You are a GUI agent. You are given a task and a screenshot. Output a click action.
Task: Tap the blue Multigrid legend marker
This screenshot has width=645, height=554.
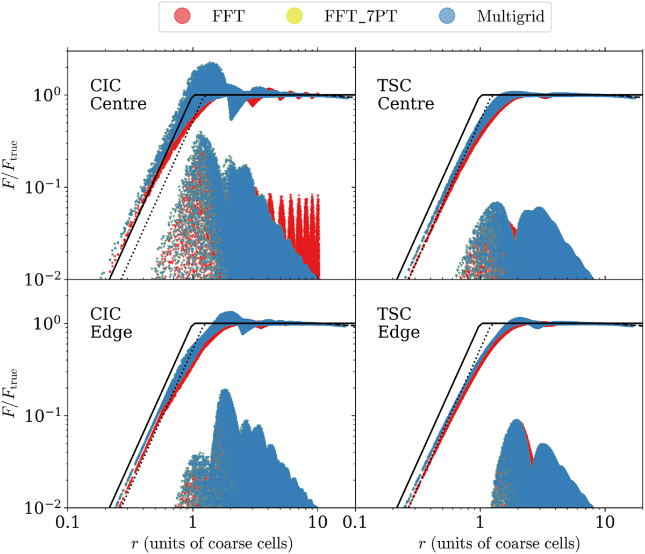click(450, 16)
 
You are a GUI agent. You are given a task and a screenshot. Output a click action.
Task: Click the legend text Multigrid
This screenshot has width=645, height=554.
click(511, 16)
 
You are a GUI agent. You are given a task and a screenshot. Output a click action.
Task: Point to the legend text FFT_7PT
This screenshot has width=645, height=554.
click(353, 16)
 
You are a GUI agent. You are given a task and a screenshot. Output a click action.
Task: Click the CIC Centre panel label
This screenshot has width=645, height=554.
click(118, 94)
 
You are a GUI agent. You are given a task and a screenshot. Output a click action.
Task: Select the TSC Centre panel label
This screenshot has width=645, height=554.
click(406, 94)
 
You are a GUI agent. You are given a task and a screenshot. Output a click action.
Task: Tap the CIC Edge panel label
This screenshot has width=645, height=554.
click(111, 323)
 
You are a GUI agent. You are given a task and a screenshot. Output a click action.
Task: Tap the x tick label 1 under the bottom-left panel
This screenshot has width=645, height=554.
click(192, 522)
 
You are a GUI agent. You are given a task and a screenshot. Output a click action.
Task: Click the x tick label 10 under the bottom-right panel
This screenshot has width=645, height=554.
click(605, 522)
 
